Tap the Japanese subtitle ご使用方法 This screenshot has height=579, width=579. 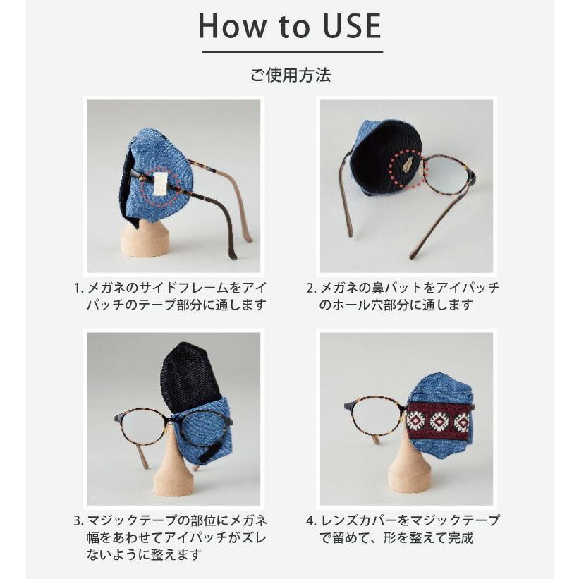(290, 75)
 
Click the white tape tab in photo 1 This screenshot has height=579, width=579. (160, 182)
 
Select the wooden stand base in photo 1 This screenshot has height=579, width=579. (145, 240)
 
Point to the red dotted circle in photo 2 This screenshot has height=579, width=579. (408, 169)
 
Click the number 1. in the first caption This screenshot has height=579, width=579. (78, 288)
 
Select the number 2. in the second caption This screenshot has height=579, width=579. (311, 288)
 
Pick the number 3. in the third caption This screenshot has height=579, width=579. (78, 521)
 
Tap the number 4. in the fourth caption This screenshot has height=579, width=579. (311, 521)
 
